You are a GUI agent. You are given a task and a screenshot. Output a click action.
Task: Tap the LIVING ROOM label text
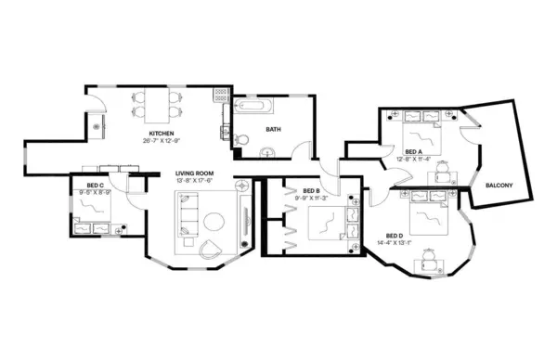pyautogui.click(x=195, y=174)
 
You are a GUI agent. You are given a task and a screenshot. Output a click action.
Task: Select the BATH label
pyautogui.click(x=273, y=130)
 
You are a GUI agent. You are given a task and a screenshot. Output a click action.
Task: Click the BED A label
pyautogui.click(x=414, y=151)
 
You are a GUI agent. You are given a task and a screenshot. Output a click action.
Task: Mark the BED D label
pyautogui.click(x=394, y=236)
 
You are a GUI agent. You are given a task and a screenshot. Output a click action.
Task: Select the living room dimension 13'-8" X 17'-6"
pyautogui.click(x=195, y=181)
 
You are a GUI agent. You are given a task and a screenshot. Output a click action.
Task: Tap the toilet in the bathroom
pyautogui.click(x=240, y=139)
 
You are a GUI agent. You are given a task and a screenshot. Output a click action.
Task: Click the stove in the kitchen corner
pyautogui.click(x=220, y=94)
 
